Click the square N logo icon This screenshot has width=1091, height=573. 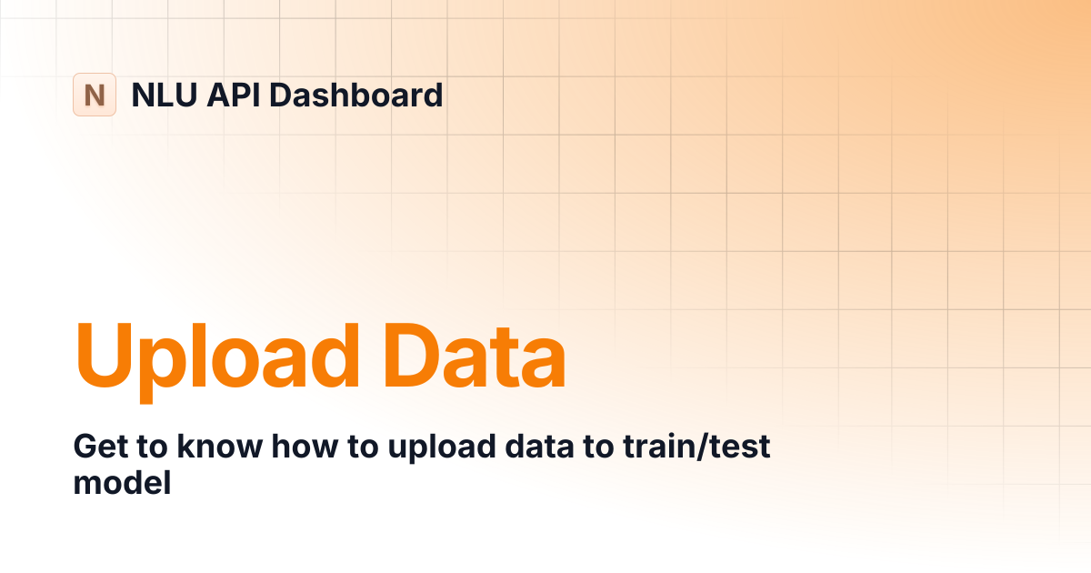[95, 95]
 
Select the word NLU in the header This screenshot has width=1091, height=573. [165, 95]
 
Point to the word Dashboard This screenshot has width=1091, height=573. [356, 95]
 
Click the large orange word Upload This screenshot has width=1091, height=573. [217, 363]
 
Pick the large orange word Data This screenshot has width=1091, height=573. [475, 356]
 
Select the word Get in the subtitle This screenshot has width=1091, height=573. [100, 447]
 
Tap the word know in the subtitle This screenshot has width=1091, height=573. [220, 446]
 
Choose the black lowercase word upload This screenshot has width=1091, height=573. [442, 447]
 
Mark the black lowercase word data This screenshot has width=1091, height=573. [540, 446]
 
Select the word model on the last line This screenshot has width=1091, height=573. [122, 482]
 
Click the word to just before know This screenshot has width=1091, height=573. [153, 447]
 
